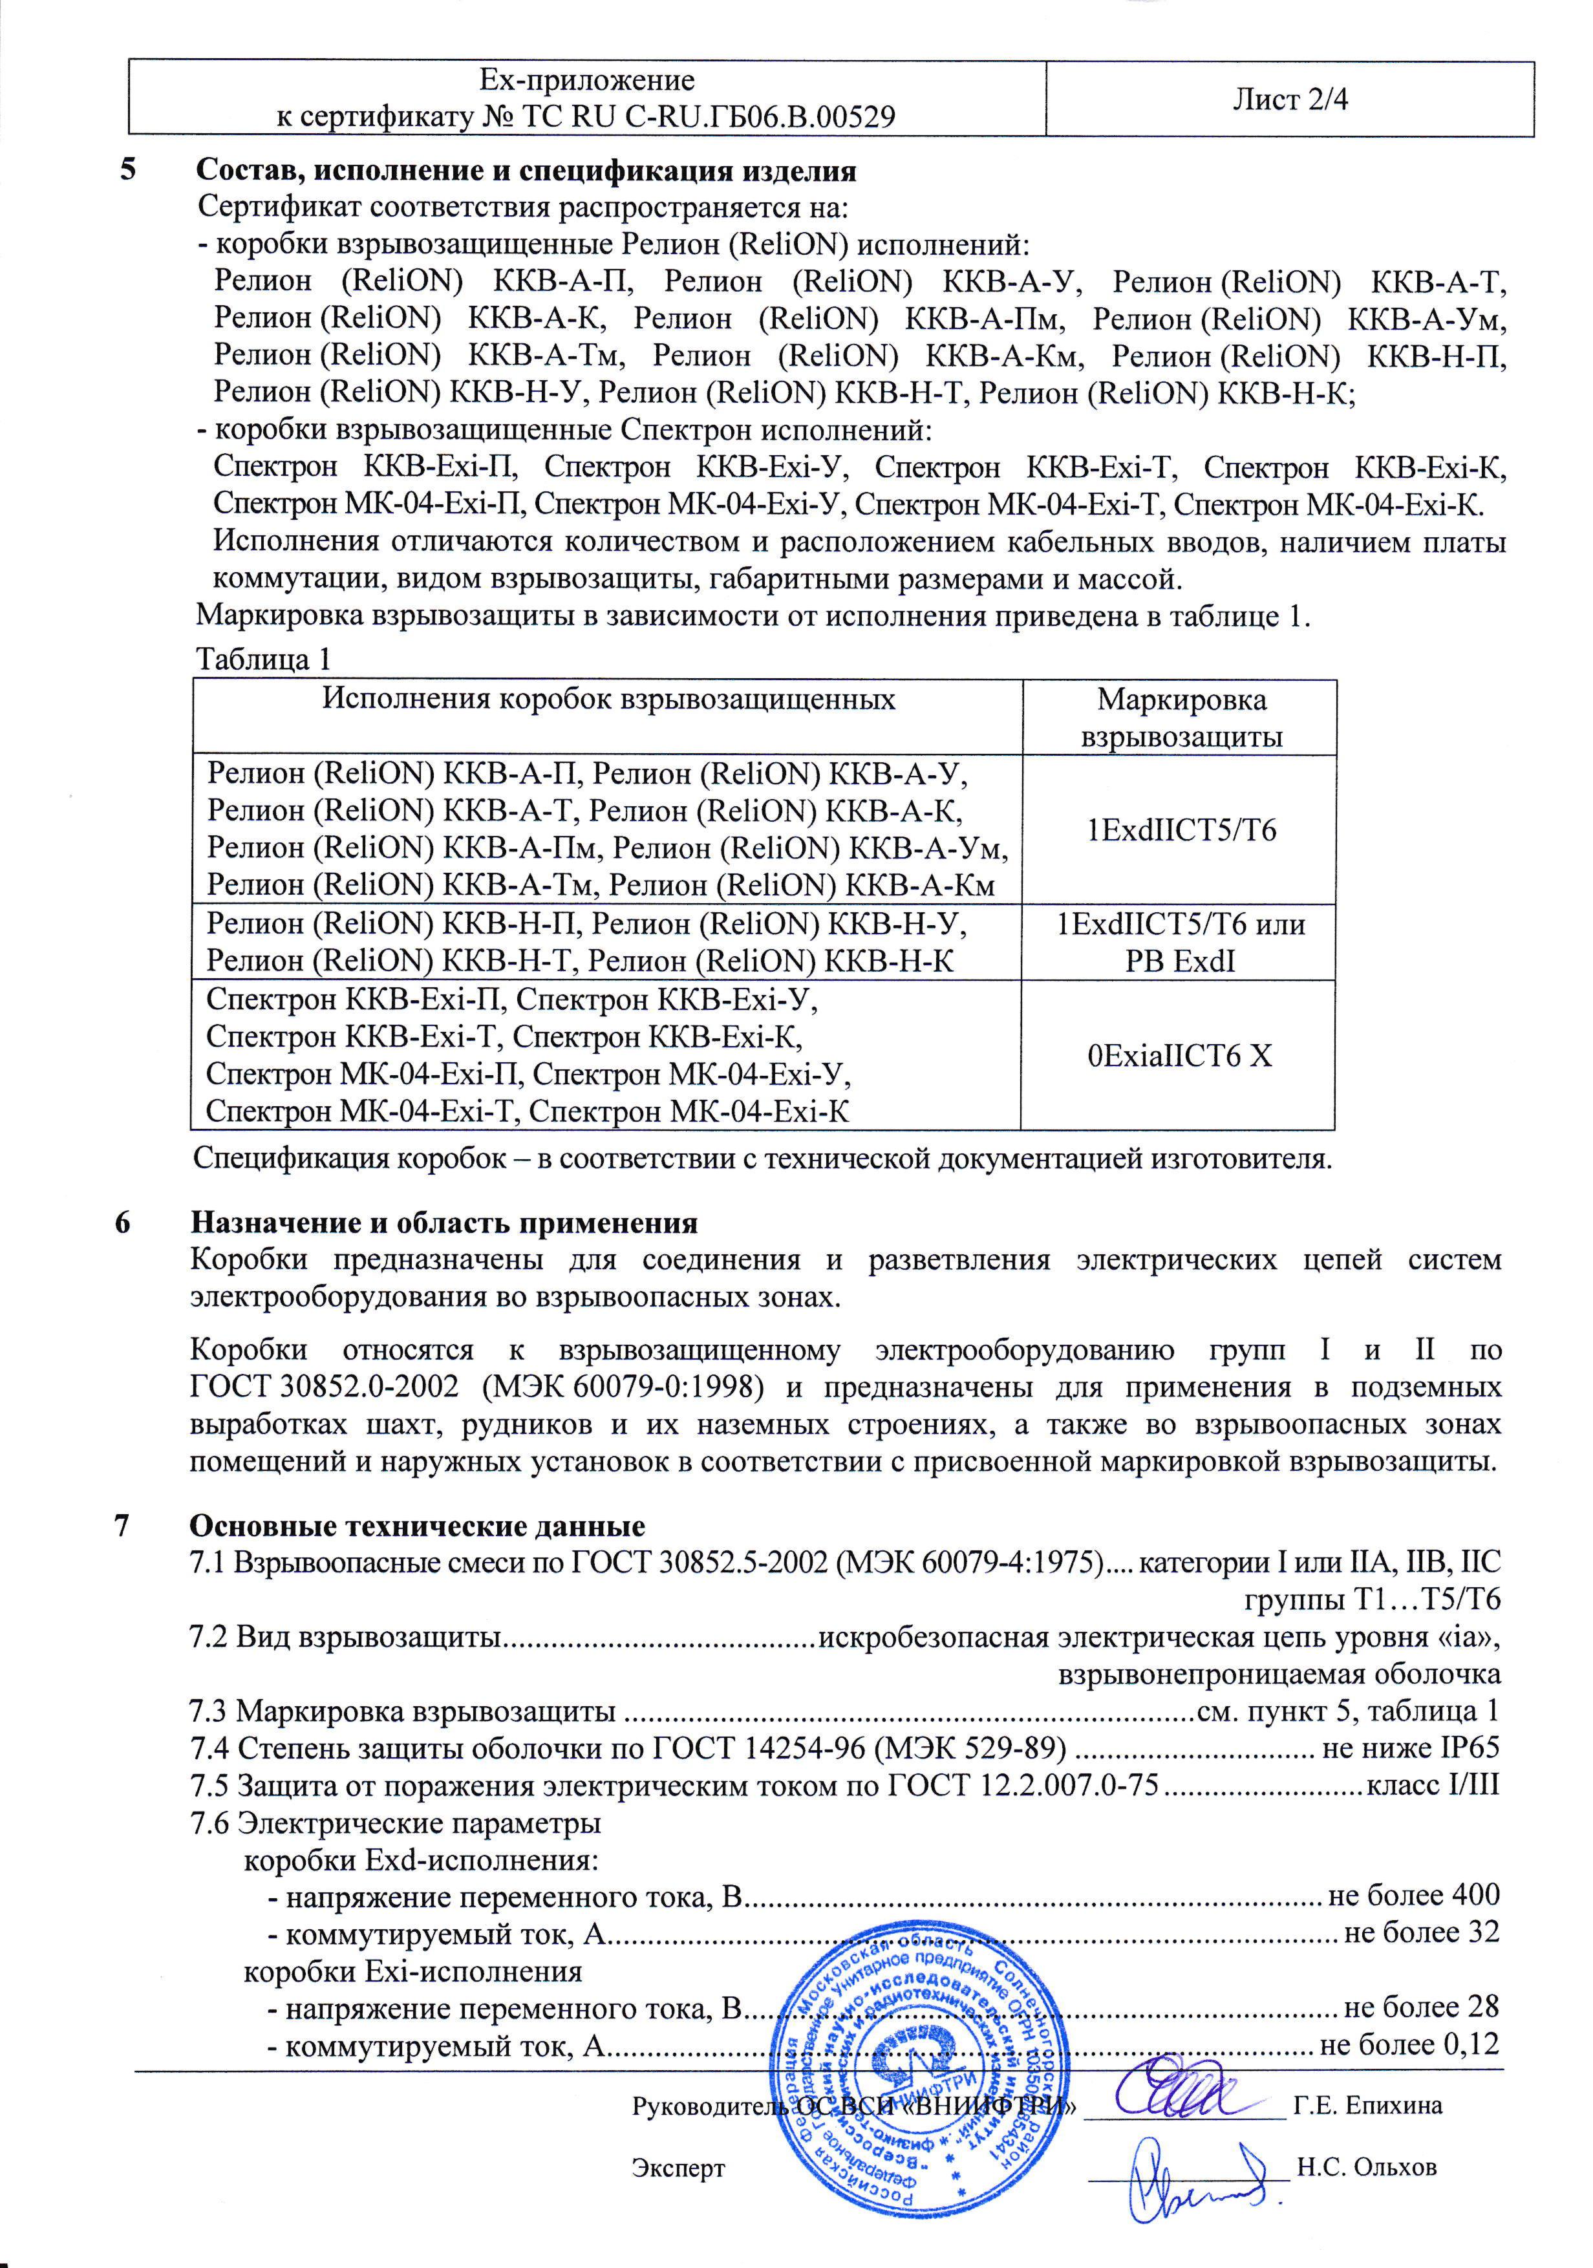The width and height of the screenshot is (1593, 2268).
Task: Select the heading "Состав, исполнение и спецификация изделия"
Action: (x=526, y=171)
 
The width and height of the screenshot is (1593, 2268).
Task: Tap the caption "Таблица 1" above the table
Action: (x=264, y=659)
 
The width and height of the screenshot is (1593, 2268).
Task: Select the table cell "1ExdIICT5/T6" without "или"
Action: (x=1181, y=829)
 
